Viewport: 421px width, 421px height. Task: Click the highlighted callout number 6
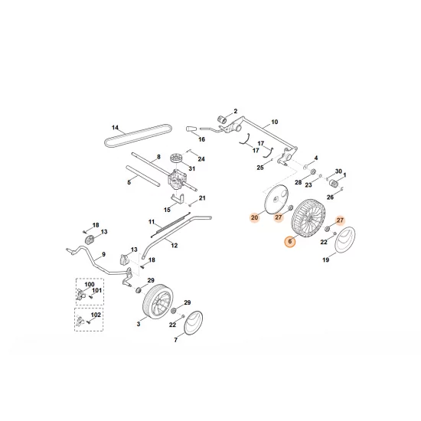289,242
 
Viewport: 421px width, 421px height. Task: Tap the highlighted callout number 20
254,218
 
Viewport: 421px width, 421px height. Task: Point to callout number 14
115,127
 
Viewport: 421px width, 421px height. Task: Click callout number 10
275,122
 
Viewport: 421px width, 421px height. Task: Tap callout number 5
129,181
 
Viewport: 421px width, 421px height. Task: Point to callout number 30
338,171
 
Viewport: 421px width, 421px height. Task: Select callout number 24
201,158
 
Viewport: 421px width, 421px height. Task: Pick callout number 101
97,291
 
